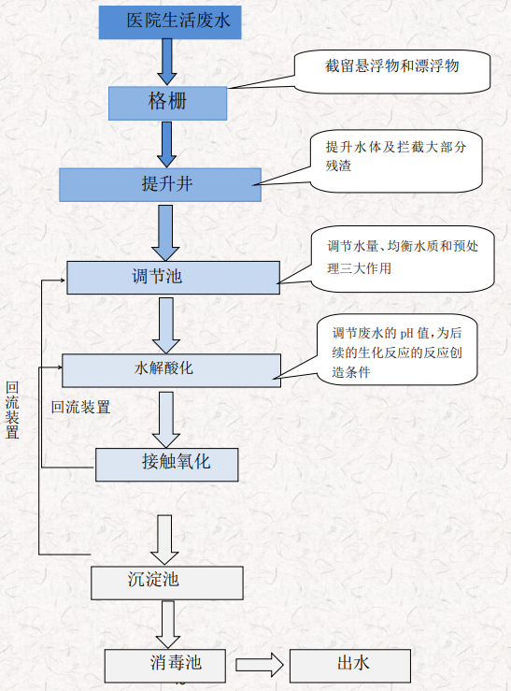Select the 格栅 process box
tap(167, 102)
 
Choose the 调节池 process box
tap(173, 276)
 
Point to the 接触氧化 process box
tap(166, 463)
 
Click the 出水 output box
tap(349, 665)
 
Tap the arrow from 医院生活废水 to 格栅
tap(167, 62)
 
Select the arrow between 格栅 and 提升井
tap(167, 143)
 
